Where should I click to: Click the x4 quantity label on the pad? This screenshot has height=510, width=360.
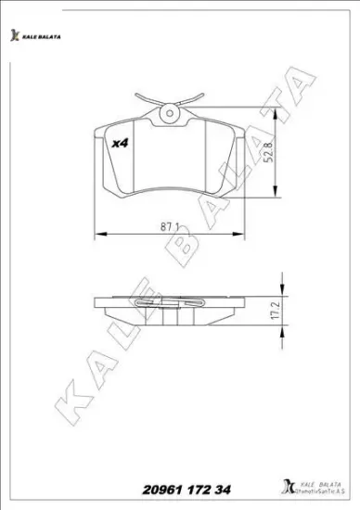click(121, 144)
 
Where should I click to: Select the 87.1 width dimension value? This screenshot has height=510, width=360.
click(168, 226)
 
